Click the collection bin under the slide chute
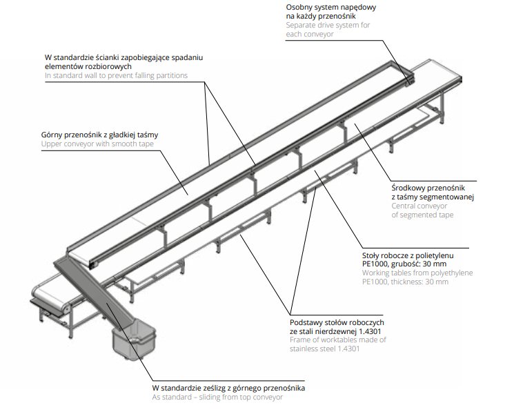click(x=135, y=342)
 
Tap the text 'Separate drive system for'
click(x=328, y=25)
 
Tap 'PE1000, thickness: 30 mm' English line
click(x=405, y=282)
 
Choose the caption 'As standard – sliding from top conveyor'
click(x=217, y=397)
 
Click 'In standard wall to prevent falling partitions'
click(x=116, y=75)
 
